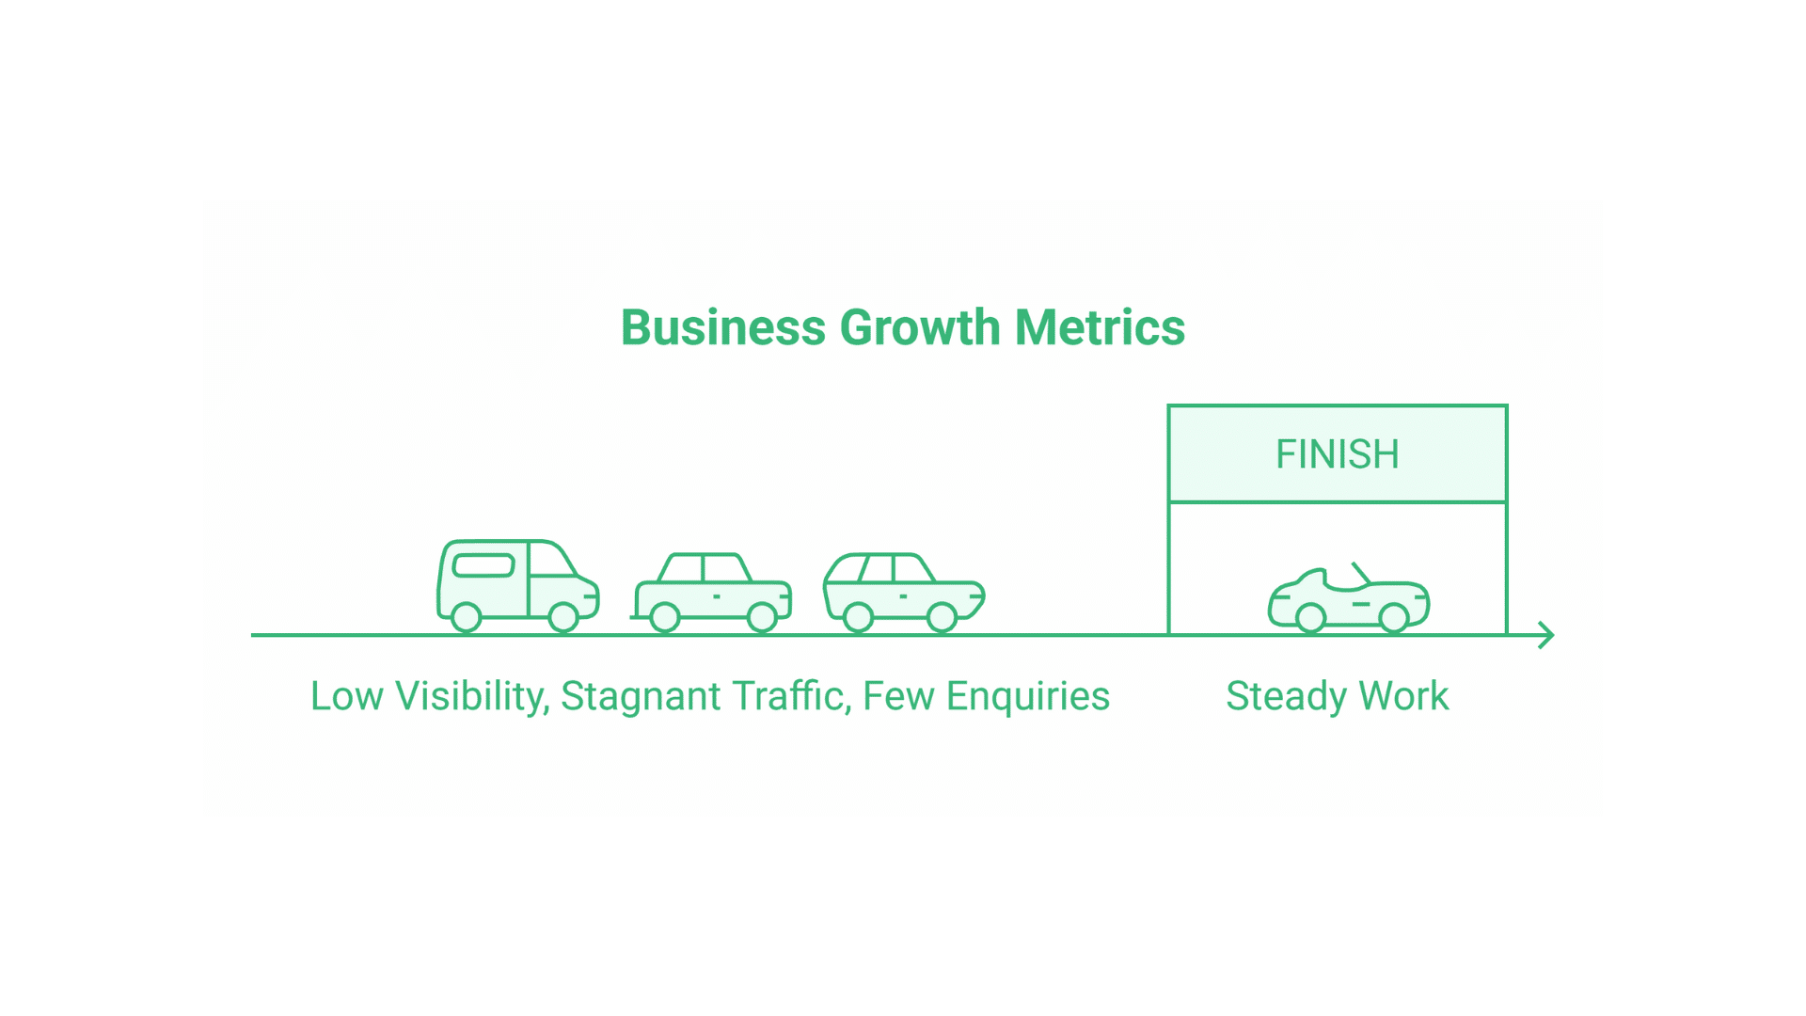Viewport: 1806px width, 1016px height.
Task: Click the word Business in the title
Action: pyautogui.click(x=723, y=327)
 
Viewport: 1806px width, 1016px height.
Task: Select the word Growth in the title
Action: pyautogui.click(x=920, y=327)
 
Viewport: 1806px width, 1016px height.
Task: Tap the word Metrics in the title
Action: pyautogui.click(x=1100, y=327)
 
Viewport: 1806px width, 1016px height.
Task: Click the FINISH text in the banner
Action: pyautogui.click(x=1337, y=454)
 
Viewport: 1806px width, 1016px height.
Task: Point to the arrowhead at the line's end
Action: pyautogui.click(x=1547, y=635)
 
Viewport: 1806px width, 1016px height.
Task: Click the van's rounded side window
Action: pyautogui.click(x=483, y=565)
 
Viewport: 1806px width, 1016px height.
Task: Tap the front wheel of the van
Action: pyautogui.click(x=563, y=617)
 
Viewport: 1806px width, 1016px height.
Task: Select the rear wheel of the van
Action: pyautogui.click(x=467, y=617)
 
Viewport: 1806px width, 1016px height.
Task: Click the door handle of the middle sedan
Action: pyautogui.click(x=717, y=596)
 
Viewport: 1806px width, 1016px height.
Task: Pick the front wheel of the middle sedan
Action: pyautogui.click(x=762, y=617)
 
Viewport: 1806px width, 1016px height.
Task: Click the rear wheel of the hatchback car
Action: pyautogui.click(x=858, y=617)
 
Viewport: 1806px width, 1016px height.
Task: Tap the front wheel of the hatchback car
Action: pyautogui.click(x=942, y=617)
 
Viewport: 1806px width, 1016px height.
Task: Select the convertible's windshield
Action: pyautogui.click(x=1361, y=573)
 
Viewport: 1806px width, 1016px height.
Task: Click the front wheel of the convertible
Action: pyautogui.click(x=1394, y=617)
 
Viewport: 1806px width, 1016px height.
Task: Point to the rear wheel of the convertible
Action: pyautogui.click(x=1310, y=617)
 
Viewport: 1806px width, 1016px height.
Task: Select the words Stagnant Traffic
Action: pyautogui.click(x=706, y=697)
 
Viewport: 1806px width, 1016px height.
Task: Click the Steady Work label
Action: pyautogui.click(x=1337, y=697)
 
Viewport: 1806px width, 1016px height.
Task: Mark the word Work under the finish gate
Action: pyautogui.click(x=1403, y=696)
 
